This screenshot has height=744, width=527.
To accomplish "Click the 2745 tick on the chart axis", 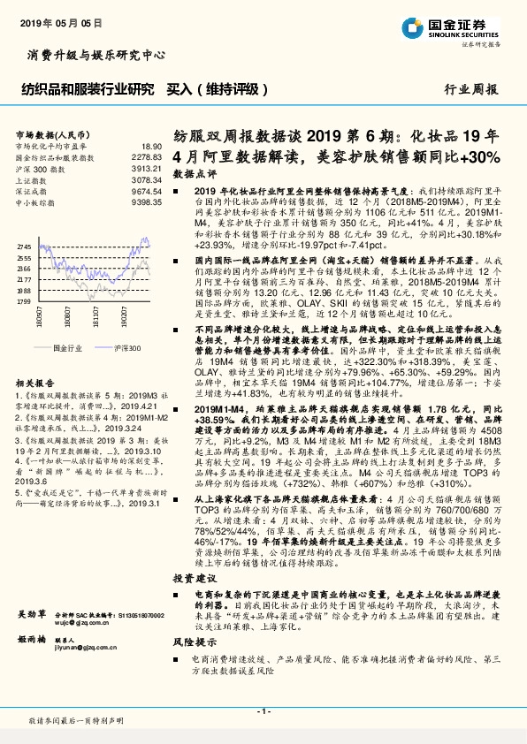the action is click(24, 247).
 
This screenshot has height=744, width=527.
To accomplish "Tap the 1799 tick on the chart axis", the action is click(24, 300).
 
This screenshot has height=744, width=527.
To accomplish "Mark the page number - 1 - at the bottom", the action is click(263, 711).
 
